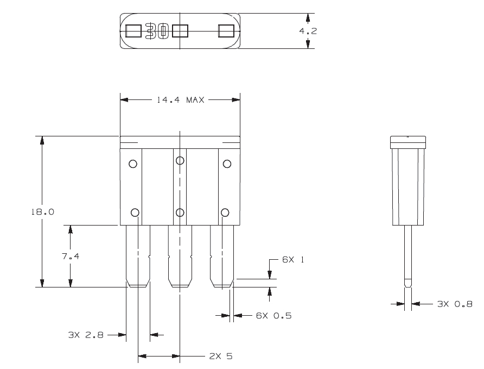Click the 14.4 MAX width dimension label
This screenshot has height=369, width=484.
pyautogui.click(x=179, y=100)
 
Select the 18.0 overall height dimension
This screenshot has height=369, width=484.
pyautogui.click(x=42, y=212)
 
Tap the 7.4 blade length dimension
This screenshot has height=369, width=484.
pyautogui.click(x=71, y=256)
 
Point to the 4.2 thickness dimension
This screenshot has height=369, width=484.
pyautogui.click(x=308, y=31)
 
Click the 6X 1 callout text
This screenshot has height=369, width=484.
pyautogui.click(x=292, y=260)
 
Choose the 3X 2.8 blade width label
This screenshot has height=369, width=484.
pyautogui.click(x=85, y=335)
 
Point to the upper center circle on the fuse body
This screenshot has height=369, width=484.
pyautogui.click(x=180, y=160)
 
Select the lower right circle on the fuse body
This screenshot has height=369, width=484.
pyautogui.click(x=225, y=212)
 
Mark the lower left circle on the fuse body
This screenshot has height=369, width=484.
pyautogui.click(x=135, y=212)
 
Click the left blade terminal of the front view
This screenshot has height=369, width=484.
pyautogui.click(x=138, y=255)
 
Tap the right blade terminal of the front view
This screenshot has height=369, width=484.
pyautogui.click(x=222, y=255)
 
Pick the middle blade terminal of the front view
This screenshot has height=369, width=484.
pyautogui.click(x=180, y=255)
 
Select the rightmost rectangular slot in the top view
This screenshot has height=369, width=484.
pyautogui.click(x=226, y=31)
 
